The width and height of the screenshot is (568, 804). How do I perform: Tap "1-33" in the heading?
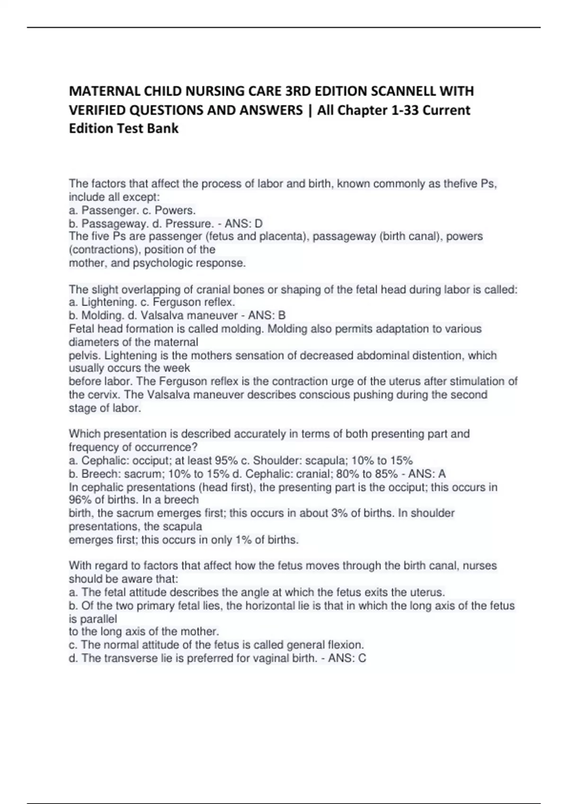click(x=402, y=110)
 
